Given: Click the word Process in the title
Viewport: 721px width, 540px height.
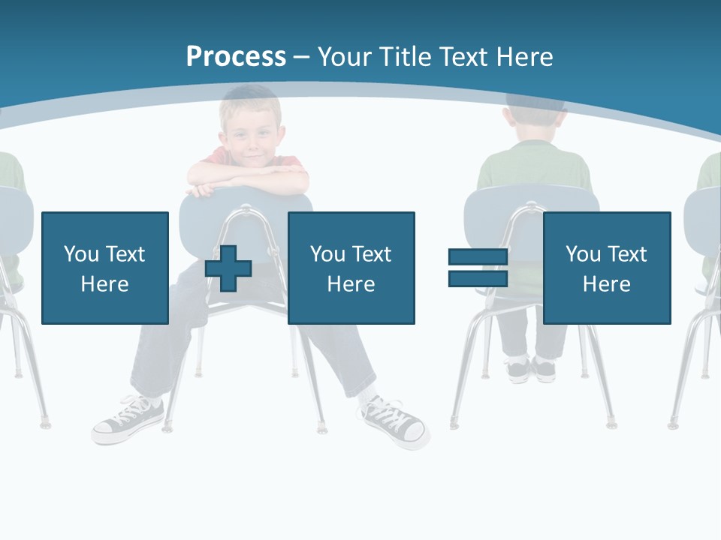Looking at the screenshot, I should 236,57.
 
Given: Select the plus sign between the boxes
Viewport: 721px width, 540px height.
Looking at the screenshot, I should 228,268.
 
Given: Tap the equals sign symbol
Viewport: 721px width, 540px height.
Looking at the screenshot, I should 478,268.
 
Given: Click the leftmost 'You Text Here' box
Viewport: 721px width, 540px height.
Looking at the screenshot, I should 105,268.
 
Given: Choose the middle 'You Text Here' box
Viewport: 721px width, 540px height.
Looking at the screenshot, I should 351,268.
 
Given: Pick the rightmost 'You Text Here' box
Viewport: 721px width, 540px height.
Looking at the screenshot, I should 606,268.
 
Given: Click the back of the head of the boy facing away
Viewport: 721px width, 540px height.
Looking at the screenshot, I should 535,120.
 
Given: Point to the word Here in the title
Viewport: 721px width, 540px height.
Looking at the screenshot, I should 523,57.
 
